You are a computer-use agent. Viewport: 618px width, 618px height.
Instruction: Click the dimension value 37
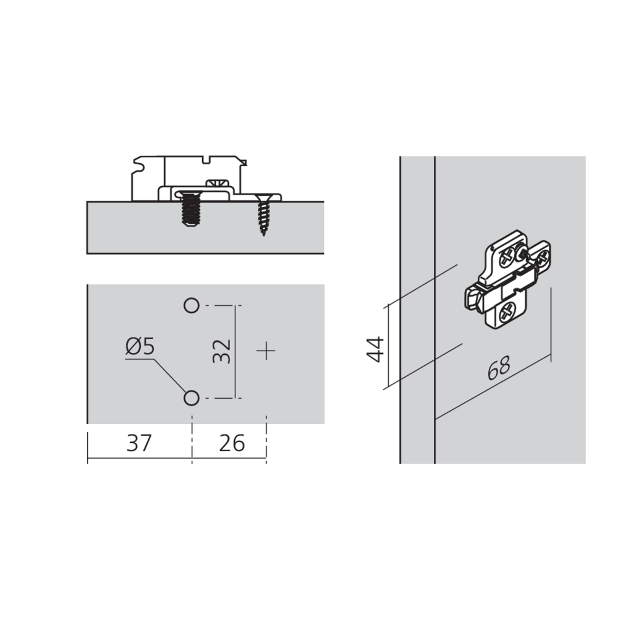coord(139,443)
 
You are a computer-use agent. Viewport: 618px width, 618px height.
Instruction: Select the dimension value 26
coord(232,443)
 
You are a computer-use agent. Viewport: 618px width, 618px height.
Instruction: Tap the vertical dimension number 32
coord(221,351)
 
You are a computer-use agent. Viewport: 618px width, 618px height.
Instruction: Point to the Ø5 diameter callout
coord(140,347)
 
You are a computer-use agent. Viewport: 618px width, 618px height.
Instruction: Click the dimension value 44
coord(375,349)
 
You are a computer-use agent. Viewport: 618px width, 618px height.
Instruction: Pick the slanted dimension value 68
coord(499,368)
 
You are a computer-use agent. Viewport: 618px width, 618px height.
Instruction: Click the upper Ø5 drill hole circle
coord(192,305)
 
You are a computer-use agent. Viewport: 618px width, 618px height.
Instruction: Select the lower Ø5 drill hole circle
coord(192,398)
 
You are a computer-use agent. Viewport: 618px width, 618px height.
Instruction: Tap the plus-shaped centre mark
coord(266,351)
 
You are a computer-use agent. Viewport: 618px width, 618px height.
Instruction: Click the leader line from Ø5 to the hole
coord(171,376)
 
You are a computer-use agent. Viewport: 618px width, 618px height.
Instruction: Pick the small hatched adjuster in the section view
coord(218,184)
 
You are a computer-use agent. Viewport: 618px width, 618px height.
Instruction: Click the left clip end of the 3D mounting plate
coord(473,298)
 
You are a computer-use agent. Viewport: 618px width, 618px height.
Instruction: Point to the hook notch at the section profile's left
coord(138,165)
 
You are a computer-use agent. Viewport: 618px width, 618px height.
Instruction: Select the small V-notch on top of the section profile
coord(206,159)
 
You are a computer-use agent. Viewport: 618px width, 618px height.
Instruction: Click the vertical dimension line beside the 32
coord(235,352)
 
